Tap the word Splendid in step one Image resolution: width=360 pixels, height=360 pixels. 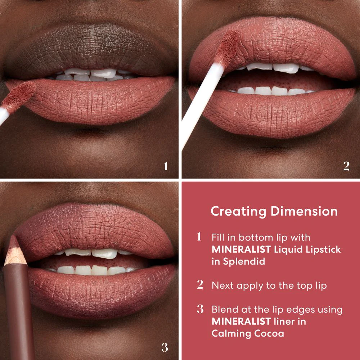coord(243,262)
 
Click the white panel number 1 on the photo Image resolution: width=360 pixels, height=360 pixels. coord(166,166)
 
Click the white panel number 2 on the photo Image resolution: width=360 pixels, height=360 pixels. coord(346,166)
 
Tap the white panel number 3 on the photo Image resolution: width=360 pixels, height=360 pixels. coord(165,347)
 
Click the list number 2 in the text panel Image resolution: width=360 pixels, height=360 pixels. coord(200,285)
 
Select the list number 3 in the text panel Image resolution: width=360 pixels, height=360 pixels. coord(200,309)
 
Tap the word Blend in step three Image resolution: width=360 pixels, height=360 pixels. coord(224,309)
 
